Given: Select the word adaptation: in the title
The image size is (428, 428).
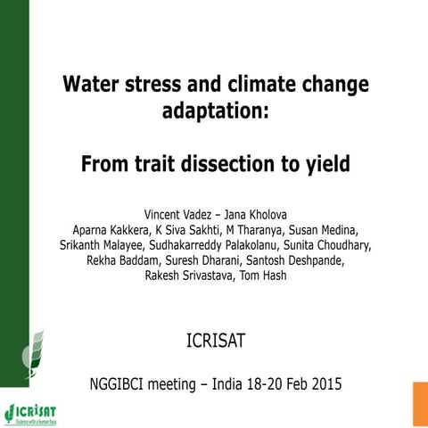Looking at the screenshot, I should tap(213, 113).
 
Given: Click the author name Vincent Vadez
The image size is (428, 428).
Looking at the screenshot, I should tap(177, 215).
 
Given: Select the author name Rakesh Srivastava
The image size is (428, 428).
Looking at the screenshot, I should tap(190, 276).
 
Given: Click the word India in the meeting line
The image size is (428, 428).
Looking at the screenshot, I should tap(235, 385).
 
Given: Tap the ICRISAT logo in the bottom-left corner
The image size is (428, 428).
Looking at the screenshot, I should tap(31, 412).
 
